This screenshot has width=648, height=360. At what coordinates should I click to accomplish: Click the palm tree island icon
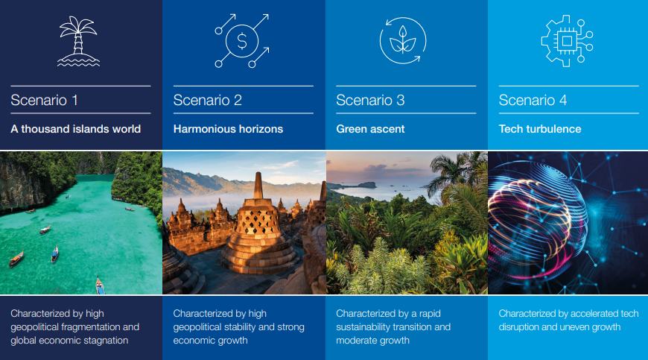click(78, 41)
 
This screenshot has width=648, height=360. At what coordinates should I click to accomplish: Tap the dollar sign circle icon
click(242, 41)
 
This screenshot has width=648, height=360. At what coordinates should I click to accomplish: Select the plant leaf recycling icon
click(403, 40)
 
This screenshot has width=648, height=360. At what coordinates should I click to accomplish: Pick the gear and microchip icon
click(567, 41)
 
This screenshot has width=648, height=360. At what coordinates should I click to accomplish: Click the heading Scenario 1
click(44, 100)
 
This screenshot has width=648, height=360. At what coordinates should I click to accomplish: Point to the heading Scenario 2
click(208, 100)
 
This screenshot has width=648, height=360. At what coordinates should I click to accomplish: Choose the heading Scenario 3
click(370, 100)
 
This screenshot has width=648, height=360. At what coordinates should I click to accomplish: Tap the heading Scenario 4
click(533, 100)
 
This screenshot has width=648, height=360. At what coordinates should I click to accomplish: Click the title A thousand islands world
click(76, 129)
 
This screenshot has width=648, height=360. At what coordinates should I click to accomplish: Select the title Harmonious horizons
click(228, 129)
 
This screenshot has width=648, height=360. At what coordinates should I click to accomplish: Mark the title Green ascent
click(370, 129)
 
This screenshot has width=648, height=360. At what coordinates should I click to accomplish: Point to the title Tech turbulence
click(540, 129)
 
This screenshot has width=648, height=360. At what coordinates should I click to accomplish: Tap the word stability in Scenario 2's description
click(239, 327)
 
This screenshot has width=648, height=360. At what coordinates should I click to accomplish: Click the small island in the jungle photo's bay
click(366, 185)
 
